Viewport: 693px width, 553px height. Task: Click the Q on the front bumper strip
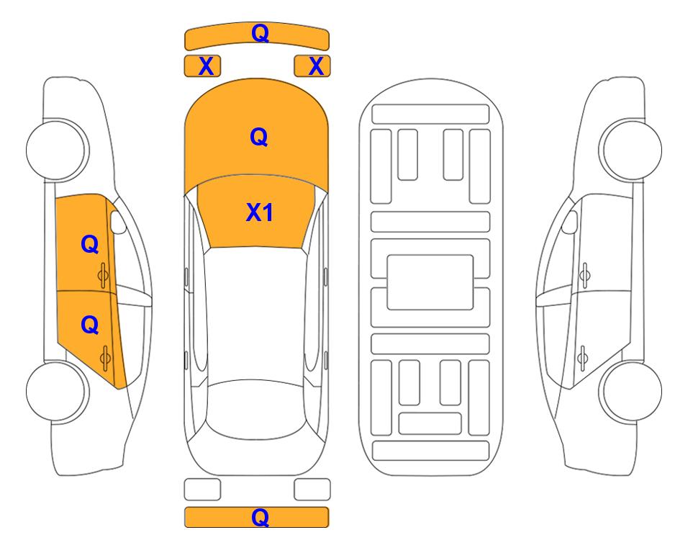[x=260, y=33]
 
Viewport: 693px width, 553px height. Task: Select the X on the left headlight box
[x=206, y=66]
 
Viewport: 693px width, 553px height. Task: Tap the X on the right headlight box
[x=316, y=66]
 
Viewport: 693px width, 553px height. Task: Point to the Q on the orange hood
[x=259, y=137]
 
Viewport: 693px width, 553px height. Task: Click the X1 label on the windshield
[x=260, y=212]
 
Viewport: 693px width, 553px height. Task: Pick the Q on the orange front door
[x=90, y=244]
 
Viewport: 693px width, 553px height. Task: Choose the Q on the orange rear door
[x=90, y=325]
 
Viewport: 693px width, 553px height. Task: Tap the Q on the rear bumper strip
[x=260, y=517]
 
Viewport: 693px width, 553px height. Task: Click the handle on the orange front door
[x=103, y=276]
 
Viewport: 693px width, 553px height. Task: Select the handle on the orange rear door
[x=105, y=358]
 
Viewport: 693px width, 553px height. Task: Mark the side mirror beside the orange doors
[x=118, y=222]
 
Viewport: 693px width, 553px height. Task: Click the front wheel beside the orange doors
[x=57, y=150]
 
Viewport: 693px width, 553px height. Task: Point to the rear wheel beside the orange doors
[x=57, y=391]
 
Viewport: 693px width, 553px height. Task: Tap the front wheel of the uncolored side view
[x=631, y=150]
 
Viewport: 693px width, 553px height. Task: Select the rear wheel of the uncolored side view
[x=631, y=391]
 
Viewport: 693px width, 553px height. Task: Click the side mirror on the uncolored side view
[x=570, y=222]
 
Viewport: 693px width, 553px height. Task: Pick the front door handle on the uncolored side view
[x=584, y=276]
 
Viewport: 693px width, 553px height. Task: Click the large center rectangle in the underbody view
[x=430, y=282]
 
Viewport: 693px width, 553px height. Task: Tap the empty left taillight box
[x=202, y=490]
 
